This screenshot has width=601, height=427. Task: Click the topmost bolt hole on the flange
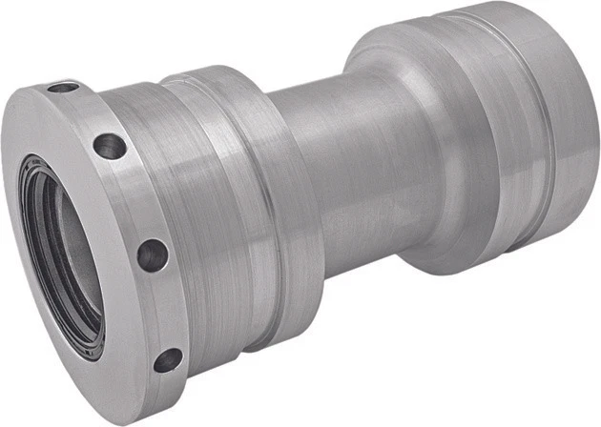coord(63,88)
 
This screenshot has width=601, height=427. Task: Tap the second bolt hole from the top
coord(110,147)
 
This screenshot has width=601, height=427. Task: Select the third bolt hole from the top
coord(152,254)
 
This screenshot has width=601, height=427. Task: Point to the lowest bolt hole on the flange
coord(168,360)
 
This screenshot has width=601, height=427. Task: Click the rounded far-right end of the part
coord(577,143)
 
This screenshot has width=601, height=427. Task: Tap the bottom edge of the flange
coord(143,405)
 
